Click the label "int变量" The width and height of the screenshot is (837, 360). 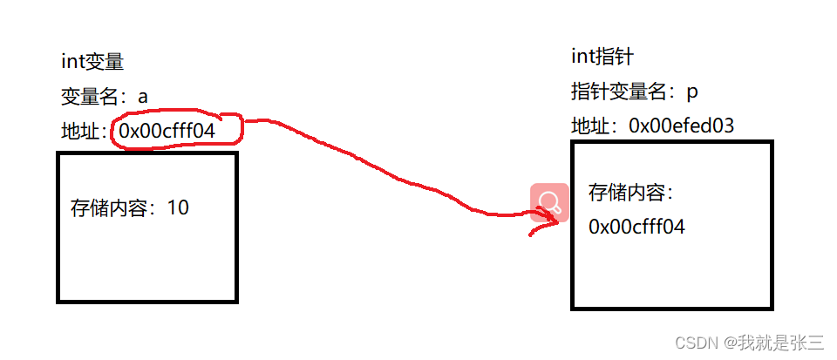92,62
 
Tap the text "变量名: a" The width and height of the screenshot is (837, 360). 104,97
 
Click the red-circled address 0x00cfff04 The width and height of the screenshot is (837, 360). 178,131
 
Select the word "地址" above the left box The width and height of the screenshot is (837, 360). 79,132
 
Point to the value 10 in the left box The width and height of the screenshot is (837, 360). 178,207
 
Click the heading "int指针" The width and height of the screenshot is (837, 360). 602,58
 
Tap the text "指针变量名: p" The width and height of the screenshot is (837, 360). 634,92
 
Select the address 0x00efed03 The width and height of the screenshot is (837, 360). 681,126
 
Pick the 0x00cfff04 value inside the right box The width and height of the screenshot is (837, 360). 636,227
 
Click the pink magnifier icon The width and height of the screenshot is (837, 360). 549,203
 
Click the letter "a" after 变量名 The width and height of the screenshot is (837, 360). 143,97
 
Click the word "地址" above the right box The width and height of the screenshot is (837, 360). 589,126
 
